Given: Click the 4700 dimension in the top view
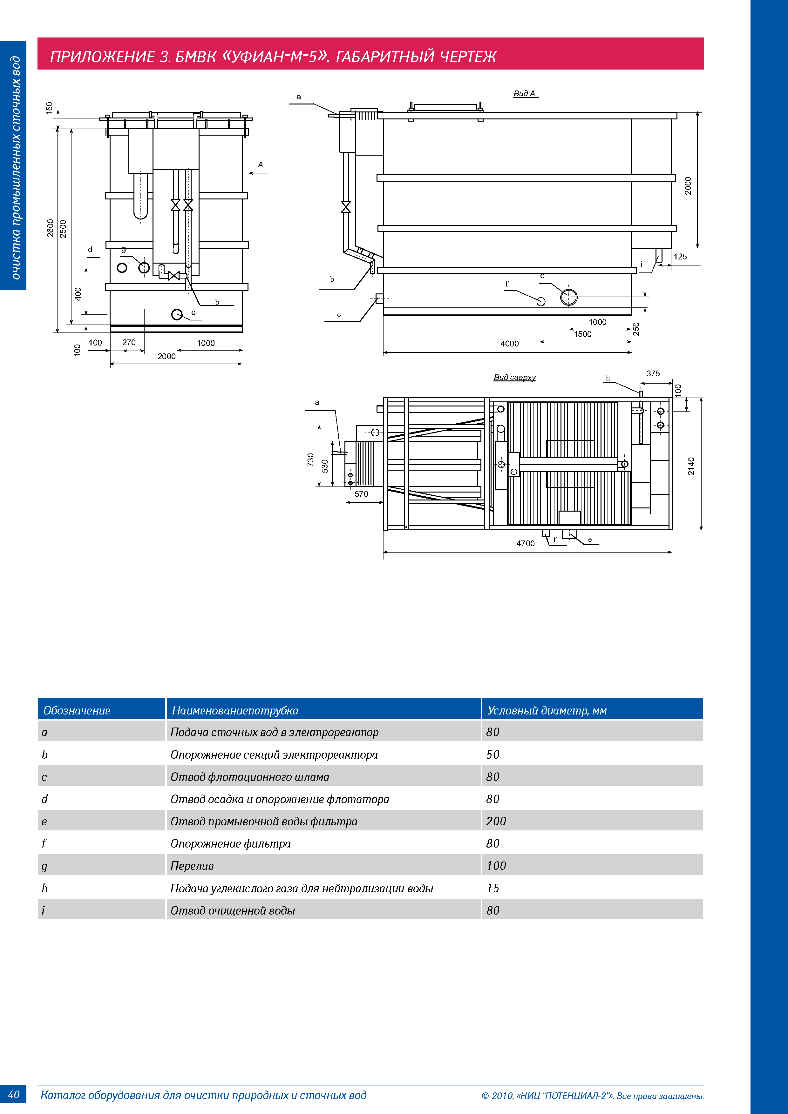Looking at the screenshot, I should click(x=525, y=543).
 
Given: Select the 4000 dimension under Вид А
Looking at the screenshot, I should click(x=509, y=344).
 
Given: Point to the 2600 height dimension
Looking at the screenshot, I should click(x=50, y=228).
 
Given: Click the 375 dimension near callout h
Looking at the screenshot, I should click(x=653, y=373).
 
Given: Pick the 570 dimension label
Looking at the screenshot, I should click(x=361, y=494).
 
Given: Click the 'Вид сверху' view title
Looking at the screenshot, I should click(x=515, y=378).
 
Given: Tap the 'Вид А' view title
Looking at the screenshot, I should click(x=524, y=94).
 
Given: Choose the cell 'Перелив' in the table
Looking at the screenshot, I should click(x=192, y=866).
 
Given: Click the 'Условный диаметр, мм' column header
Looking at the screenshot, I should click(x=547, y=710).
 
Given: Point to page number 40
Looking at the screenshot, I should click(x=14, y=1094).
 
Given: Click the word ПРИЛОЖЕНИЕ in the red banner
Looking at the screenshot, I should click(x=102, y=57).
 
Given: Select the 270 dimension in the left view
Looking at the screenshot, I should click(x=129, y=343).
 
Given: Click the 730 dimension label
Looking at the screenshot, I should click(x=310, y=460).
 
